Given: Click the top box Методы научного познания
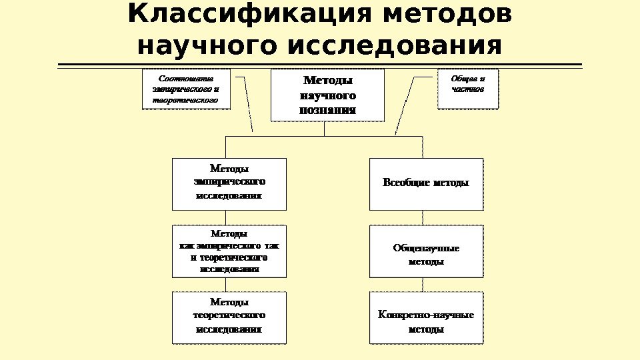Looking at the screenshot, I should (328, 95).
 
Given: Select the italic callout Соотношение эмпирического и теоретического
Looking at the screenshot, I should (187, 89).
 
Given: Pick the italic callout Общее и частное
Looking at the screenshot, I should (468, 89).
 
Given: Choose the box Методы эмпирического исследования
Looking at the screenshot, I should (229, 183).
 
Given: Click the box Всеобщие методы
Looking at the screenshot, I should (426, 183).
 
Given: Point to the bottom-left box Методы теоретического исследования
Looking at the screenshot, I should (229, 317).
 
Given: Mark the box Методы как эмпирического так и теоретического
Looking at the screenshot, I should (229, 251).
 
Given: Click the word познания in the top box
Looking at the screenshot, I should (328, 110).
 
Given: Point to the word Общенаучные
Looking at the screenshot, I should (426, 248).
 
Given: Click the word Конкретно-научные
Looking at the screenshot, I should (426, 315).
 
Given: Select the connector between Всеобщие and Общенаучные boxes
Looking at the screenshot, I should (423, 217).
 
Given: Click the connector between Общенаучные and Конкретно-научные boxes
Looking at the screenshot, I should (423, 285).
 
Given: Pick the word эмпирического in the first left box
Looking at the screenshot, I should (229, 181).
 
